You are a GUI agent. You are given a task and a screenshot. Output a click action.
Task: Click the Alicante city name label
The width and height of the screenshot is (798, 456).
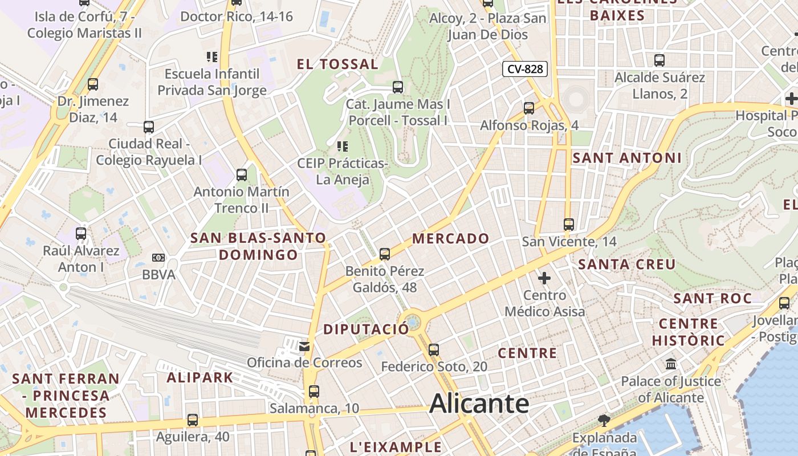click(x=479, y=404)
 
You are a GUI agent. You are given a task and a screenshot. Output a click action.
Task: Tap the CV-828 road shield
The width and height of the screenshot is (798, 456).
click(x=524, y=70)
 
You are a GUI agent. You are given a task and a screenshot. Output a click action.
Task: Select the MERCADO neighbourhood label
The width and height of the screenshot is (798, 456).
click(x=451, y=238)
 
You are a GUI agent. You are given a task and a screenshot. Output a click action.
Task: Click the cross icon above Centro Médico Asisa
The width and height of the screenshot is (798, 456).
click(x=544, y=278)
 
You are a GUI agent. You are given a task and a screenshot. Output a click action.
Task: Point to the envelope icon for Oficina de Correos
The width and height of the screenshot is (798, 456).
click(x=304, y=345)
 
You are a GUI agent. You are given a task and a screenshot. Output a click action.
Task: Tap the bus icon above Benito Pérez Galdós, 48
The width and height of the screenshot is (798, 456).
click(x=385, y=254)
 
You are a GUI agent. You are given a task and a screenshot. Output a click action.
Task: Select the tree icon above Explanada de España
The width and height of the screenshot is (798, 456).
click(x=604, y=421)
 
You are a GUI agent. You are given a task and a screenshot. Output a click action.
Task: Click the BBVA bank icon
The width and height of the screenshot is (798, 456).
click(x=158, y=258)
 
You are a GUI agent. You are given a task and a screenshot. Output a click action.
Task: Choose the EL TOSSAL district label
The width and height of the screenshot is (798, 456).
click(x=337, y=64)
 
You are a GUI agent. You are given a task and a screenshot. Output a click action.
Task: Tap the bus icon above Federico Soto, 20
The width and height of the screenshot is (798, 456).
click(x=434, y=349)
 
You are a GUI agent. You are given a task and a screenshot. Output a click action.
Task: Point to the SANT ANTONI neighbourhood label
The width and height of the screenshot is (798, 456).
click(x=627, y=158)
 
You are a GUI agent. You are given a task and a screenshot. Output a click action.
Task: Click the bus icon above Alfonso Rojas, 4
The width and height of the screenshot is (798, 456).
click(x=529, y=108)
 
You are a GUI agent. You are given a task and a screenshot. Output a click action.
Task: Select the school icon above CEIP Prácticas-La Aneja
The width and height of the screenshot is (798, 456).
click(x=342, y=146)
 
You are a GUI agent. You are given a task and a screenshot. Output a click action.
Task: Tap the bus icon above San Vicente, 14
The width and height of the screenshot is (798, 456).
click(x=568, y=224)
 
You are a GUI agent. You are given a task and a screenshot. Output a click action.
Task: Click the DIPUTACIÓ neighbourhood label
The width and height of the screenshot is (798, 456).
click(x=366, y=329)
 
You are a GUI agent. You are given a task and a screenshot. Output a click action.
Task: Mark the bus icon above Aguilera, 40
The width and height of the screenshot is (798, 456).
click(x=193, y=420)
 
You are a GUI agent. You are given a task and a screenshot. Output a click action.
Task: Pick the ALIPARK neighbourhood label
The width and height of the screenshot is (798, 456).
click(x=200, y=377)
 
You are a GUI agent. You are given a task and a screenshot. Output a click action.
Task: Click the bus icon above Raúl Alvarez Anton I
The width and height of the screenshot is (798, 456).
click(x=81, y=233)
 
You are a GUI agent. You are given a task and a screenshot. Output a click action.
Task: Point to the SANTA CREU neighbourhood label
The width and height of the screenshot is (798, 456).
click(x=627, y=264)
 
